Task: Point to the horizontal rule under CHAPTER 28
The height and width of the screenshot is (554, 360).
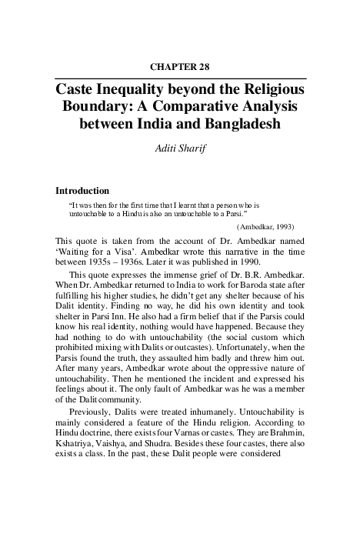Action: click(x=181, y=78)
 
